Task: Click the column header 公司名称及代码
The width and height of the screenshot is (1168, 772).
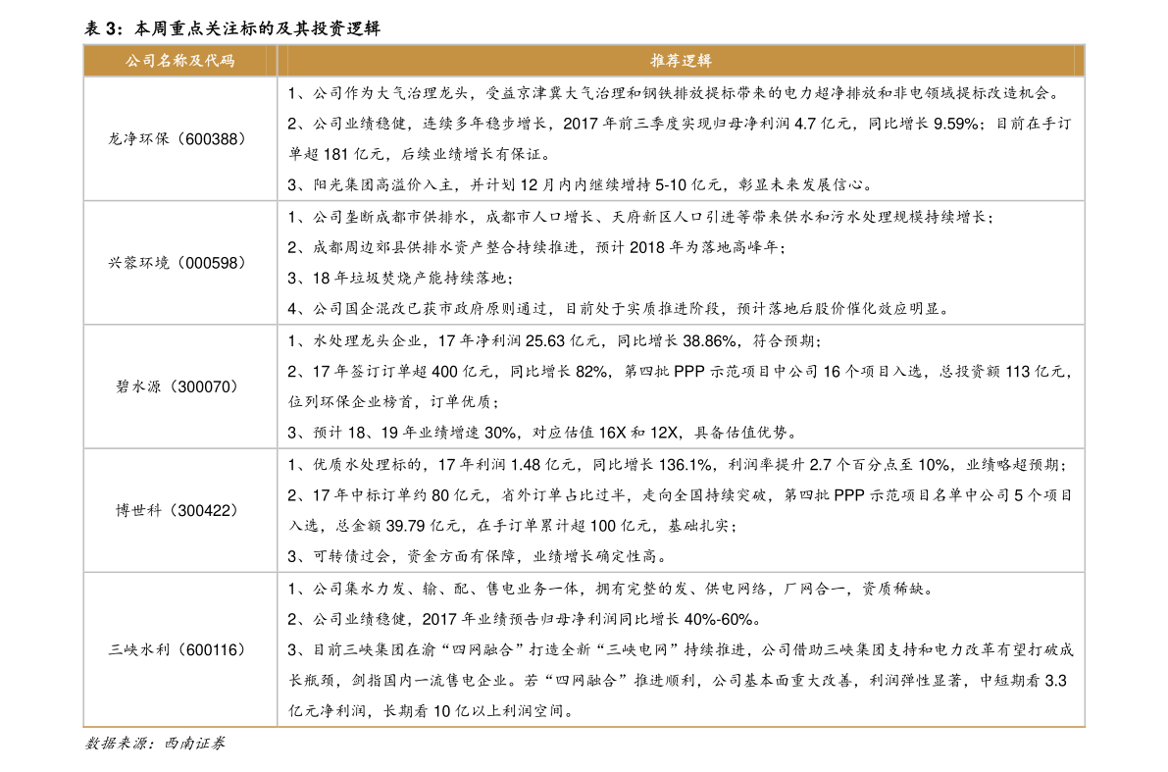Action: click(x=179, y=61)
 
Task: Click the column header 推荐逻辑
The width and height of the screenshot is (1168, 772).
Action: click(x=681, y=61)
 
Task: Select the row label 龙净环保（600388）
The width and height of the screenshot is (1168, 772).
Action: click(x=178, y=138)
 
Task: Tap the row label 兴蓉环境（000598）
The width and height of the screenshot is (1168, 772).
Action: click(x=178, y=262)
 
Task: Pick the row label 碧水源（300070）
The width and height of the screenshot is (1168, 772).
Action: click(x=178, y=386)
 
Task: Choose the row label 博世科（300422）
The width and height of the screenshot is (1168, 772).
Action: click(x=178, y=510)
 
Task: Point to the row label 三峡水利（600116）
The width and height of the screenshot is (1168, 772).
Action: click(x=178, y=649)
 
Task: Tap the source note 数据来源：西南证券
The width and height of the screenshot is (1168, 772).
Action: click(x=155, y=743)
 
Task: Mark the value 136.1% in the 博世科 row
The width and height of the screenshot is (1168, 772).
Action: click(x=686, y=464)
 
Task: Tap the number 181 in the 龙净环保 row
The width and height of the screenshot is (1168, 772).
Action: click(x=336, y=154)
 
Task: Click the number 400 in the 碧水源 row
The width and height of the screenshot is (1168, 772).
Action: click(x=444, y=371)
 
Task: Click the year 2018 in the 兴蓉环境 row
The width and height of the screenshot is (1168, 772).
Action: click(x=646, y=247)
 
